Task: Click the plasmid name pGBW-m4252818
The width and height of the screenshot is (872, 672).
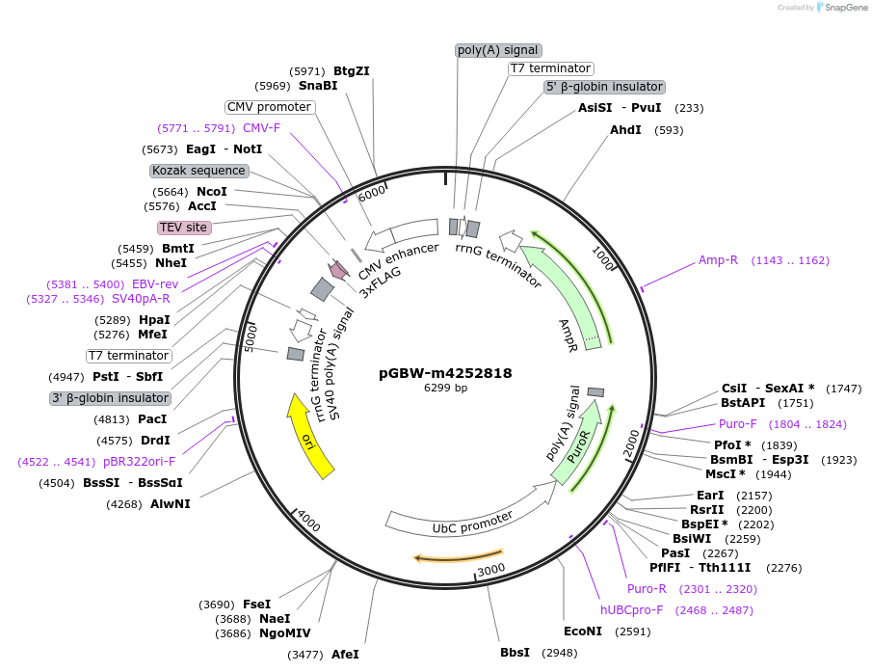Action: coord(445,373)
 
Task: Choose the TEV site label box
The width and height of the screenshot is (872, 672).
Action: coord(183,228)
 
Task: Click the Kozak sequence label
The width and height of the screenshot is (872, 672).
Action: coord(198,171)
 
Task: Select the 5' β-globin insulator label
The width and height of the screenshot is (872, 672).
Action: coord(604,87)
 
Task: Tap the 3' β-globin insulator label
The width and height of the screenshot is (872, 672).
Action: coord(110,398)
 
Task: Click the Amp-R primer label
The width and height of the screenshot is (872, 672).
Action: coord(718,260)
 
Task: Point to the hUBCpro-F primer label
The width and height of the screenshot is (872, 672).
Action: coord(632,610)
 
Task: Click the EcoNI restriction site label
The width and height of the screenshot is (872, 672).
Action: coord(583,632)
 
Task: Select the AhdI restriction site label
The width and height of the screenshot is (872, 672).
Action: coord(625,130)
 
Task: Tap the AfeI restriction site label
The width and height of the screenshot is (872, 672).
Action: coord(344,655)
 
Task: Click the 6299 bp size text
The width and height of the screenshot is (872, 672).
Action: coord(445,389)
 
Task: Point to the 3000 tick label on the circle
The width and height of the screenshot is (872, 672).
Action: coord(491,570)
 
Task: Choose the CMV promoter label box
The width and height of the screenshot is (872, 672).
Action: coord(269,107)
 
